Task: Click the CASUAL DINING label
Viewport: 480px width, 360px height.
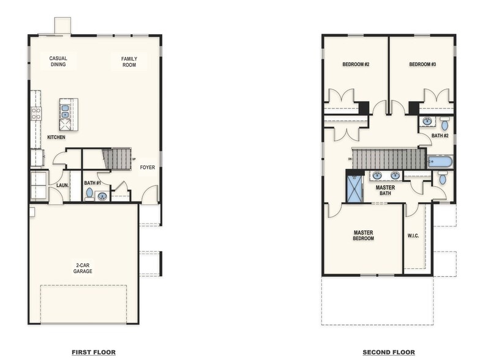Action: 58,61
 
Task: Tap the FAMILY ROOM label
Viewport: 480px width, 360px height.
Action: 129,61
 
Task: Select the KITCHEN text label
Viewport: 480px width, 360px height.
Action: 56,137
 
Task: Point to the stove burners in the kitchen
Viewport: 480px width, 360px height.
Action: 36,113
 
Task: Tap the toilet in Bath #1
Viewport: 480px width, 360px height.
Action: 89,193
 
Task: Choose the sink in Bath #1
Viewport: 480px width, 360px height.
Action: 102,197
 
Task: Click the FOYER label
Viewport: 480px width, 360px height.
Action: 147,167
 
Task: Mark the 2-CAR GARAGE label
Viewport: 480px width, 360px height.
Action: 83,268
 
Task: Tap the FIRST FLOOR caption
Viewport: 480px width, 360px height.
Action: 94,352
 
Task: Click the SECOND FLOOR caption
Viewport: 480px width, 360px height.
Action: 388,352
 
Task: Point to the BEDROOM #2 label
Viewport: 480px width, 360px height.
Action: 355,64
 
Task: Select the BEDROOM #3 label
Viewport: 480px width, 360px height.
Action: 422,64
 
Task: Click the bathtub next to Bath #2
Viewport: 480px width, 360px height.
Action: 440,162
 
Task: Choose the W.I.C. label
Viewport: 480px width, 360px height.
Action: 413,236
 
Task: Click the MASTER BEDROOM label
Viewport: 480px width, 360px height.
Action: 363,235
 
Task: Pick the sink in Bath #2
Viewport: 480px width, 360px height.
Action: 427,121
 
